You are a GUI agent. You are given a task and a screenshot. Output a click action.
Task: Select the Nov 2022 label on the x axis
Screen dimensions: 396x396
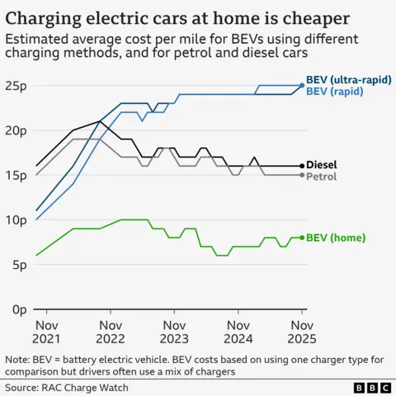pos(110,331)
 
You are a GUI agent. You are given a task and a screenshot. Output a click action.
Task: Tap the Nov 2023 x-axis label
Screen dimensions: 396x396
pos(174,331)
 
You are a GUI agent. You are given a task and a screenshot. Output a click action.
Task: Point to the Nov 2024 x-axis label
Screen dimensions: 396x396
pos(238,331)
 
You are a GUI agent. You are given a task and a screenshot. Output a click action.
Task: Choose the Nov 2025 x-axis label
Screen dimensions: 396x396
pos(302,331)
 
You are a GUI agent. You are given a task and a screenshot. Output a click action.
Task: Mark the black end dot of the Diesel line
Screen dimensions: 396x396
pos(302,165)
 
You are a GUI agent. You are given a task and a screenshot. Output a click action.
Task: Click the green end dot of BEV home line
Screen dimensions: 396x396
pos(302,238)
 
